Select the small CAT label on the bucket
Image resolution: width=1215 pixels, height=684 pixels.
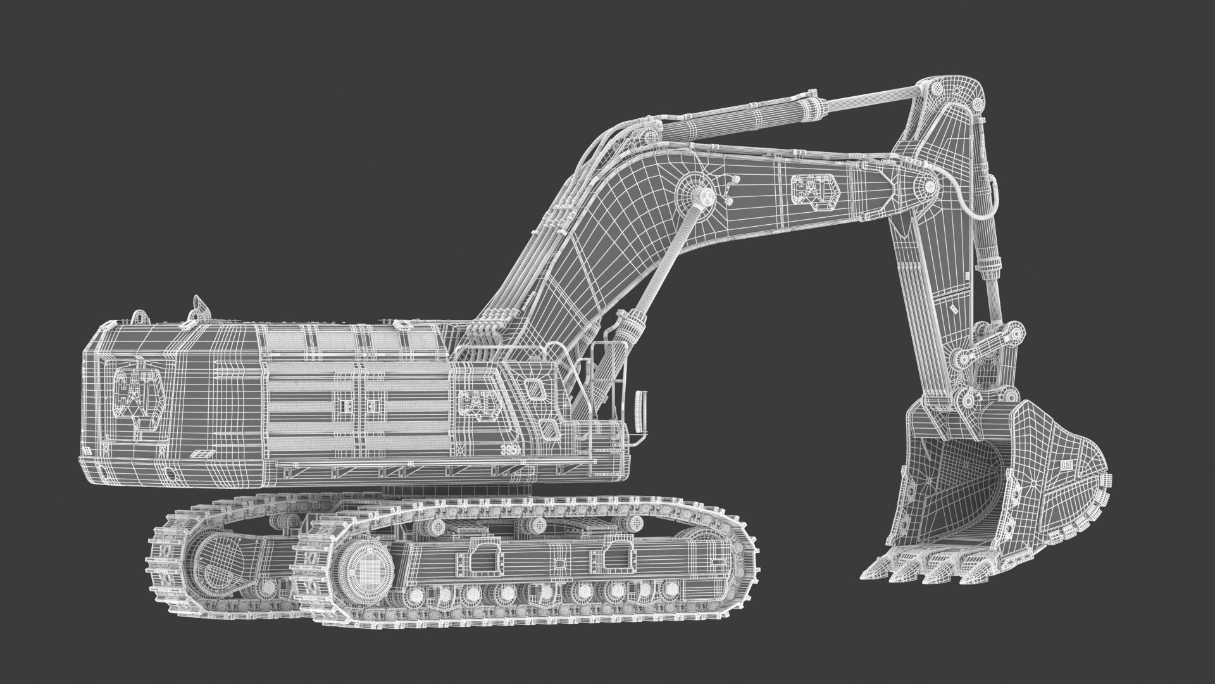point(1067,464)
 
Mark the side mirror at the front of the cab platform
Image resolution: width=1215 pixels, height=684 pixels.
point(640,409)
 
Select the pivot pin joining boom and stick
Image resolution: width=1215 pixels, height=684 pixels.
point(929,187)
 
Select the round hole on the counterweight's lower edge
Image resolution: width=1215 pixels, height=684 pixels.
point(169,474)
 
